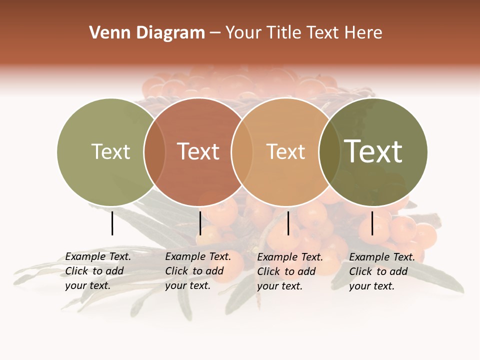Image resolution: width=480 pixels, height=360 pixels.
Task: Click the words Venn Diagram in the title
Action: pyautogui.click(x=147, y=33)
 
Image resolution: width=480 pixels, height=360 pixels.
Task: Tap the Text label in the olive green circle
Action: pyautogui.click(x=110, y=151)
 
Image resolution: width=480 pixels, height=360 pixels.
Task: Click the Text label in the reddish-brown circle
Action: pyautogui.click(x=198, y=151)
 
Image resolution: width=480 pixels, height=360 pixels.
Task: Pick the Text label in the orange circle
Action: pyautogui.click(x=285, y=151)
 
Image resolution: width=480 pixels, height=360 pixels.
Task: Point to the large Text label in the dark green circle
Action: pyautogui.click(x=373, y=151)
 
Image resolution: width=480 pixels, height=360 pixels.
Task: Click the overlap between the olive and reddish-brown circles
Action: pyautogui.click(x=154, y=152)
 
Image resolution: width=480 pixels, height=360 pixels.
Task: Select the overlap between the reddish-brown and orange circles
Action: pyautogui.click(x=242, y=152)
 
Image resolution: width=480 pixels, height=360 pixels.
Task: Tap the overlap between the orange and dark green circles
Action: pyautogui.click(x=329, y=152)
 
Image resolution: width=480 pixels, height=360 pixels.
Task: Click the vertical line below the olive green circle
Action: pyautogui.click(x=112, y=223)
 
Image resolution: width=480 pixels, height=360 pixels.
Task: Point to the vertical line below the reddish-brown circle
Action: pyautogui.click(x=200, y=223)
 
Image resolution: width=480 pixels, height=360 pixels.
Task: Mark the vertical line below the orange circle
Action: pyautogui.click(x=288, y=223)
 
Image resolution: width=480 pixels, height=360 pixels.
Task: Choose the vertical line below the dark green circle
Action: pyautogui.click(x=372, y=223)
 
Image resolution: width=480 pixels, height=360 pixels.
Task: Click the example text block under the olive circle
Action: pyautogui.click(x=98, y=271)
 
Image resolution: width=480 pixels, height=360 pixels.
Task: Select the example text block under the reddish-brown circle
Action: pyautogui.click(x=198, y=271)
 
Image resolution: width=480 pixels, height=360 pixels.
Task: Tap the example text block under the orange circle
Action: pyautogui.click(x=290, y=271)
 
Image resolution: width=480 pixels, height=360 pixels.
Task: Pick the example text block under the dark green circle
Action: pyautogui.click(x=382, y=271)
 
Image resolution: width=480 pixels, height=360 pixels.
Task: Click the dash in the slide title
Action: pyautogui.click(x=215, y=33)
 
